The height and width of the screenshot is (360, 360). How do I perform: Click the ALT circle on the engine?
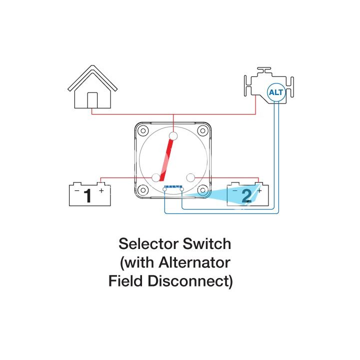tap(275, 92)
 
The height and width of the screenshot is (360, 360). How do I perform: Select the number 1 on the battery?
tap(88, 196)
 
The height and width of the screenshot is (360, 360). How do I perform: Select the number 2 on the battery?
tap(246, 196)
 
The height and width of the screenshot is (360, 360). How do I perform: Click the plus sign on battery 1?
tap(101, 190)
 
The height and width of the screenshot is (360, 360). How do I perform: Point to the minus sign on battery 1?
tap(76, 190)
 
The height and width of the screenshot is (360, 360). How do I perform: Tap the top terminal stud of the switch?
tap(173, 136)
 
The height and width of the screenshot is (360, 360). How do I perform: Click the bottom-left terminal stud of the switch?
tap(156, 177)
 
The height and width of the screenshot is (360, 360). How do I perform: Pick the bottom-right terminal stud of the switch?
tap(190, 177)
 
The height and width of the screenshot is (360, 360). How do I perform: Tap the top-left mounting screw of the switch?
tap(143, 131)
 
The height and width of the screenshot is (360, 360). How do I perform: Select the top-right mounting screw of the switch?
tap(202, 131)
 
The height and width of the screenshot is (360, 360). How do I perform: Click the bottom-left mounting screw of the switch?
tap(143, 190)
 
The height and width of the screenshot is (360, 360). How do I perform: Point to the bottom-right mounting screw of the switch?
tap(202, 190)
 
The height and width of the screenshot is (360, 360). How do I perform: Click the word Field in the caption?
tap(126, 281)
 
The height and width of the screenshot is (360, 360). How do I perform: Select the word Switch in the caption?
tap(208, 244)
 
